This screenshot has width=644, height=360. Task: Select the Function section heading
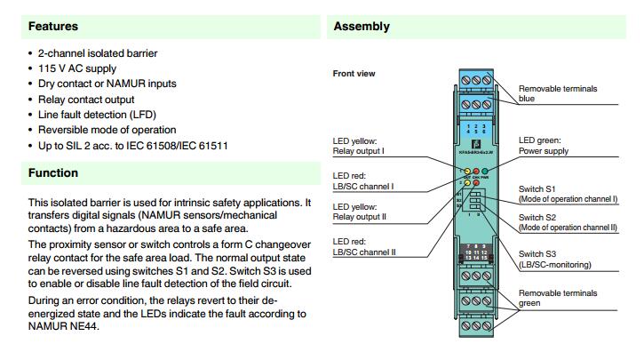tap(53, 172)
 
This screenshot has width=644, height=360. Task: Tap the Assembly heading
tap(362, 27)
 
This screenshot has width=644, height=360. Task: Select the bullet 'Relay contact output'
tap(86, 100)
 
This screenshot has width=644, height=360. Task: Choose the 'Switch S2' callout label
tap(538, 217)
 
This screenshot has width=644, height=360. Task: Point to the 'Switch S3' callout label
tap(538, 254)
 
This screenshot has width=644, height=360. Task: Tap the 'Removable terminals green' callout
tap(557, 298)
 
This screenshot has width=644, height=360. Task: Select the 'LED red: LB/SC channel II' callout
tap(364, 246)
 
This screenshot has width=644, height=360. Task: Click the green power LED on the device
tap(485, 169)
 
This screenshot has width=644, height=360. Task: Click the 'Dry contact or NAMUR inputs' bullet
tap(107, 84)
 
